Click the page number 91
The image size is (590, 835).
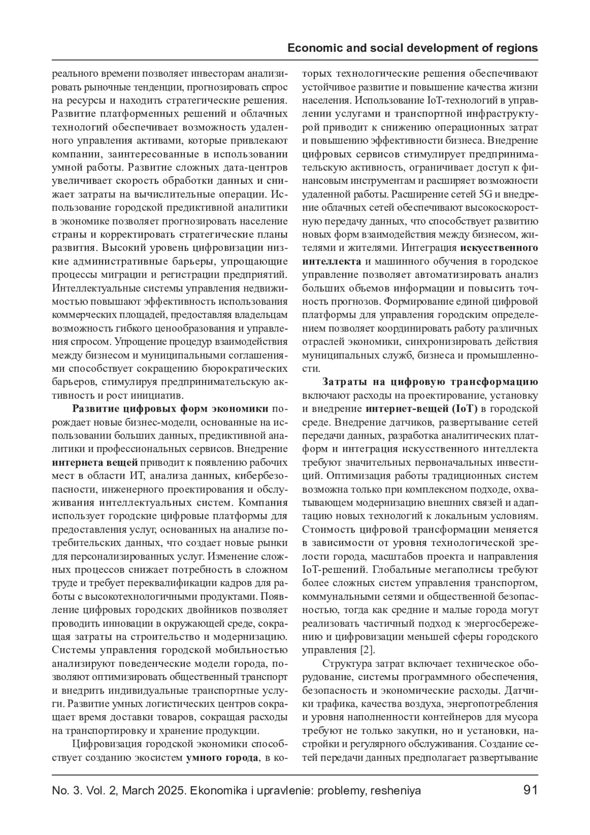click(531, 791)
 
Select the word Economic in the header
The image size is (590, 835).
click(311, 48)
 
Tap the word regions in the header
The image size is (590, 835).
click(519, 48)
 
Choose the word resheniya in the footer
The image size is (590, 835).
click(395, 791)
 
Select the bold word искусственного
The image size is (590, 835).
click(498, 247)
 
